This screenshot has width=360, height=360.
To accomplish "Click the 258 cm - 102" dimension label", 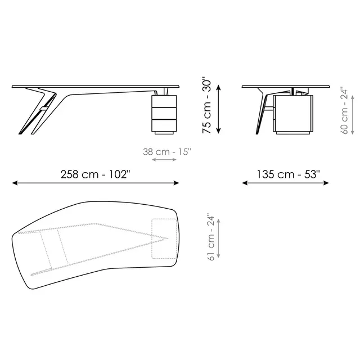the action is [x=95, y=174].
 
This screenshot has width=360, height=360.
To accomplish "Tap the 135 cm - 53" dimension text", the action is [x=288, y=174].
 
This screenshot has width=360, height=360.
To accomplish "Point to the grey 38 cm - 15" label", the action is [x=167, y=152].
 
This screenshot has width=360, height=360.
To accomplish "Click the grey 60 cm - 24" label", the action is [x=344, y=110].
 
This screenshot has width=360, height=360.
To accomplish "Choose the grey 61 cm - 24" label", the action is [x=211, y=238].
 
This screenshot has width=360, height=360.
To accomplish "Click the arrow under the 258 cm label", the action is [x=95, y=183].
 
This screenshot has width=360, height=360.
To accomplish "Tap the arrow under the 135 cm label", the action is [x=285, y=183].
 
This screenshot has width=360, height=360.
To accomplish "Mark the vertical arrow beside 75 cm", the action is [x=219, y=109].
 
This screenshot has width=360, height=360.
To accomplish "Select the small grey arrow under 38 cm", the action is [x=164, y=159].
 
